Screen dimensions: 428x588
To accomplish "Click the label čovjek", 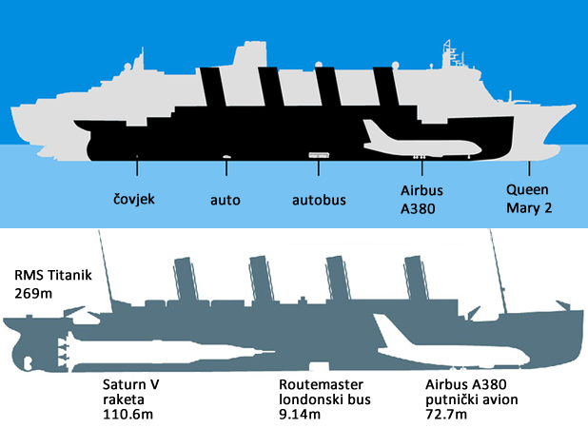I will coord(132,200).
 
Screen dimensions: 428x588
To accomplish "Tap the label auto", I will coord(225,200).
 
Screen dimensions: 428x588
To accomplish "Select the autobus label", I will coord(318,200).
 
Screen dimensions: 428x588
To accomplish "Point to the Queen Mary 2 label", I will coord(527,199).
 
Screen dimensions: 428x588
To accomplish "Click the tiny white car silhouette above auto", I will coord(226,156).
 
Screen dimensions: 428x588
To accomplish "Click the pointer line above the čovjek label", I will coord(137,167).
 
